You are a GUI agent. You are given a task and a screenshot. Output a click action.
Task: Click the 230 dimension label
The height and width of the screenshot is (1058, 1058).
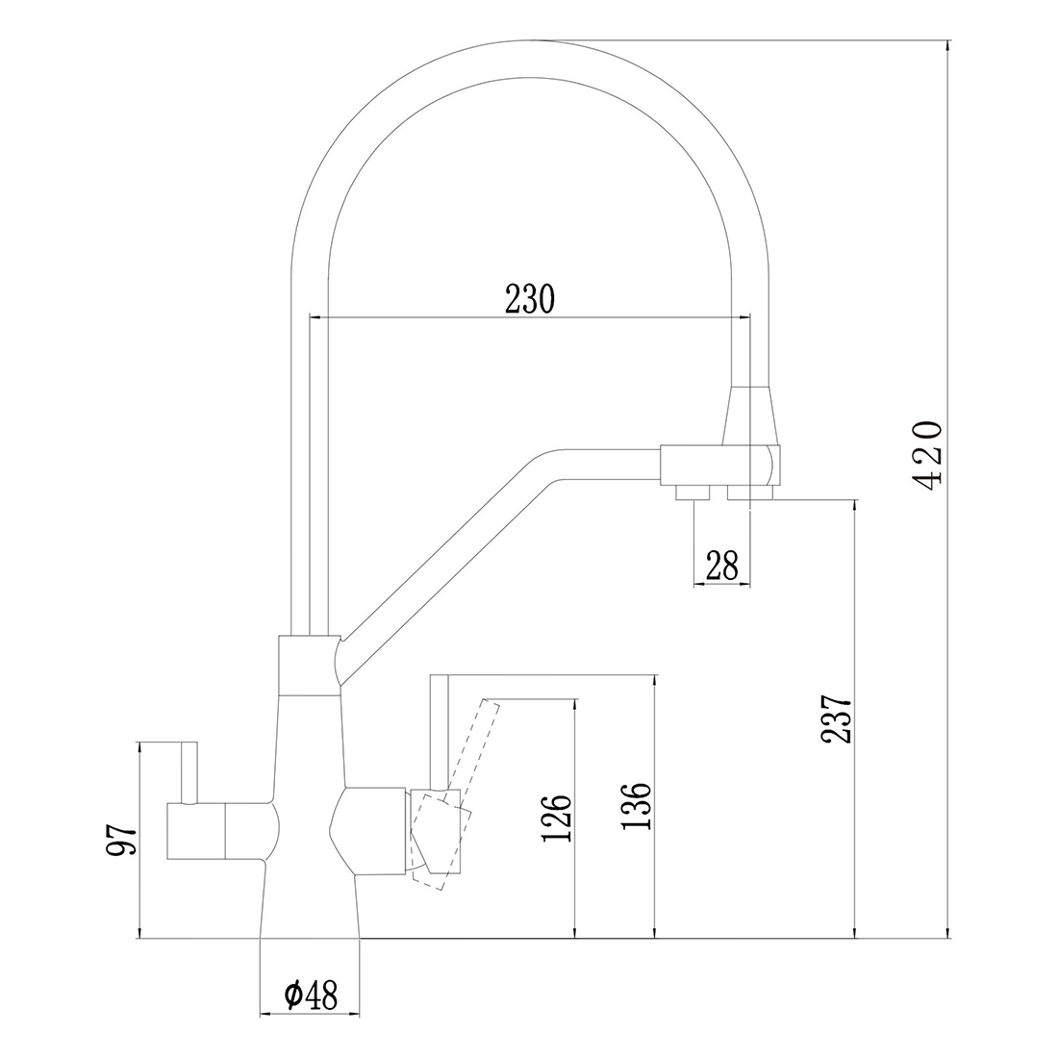(529, 299)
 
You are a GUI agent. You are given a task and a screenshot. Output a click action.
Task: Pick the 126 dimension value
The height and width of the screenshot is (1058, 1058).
(558, 818)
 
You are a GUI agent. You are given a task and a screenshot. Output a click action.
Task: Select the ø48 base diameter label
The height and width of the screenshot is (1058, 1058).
(311, 995)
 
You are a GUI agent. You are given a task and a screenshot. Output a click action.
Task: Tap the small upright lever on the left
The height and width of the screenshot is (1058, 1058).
(189, 770)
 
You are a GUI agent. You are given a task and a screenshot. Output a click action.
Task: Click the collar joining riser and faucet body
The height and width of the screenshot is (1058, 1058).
(308, 665)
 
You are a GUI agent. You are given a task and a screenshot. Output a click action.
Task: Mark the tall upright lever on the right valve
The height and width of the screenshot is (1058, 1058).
(438, 731)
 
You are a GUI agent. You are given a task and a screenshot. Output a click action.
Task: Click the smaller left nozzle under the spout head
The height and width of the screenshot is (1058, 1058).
(692, 493)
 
